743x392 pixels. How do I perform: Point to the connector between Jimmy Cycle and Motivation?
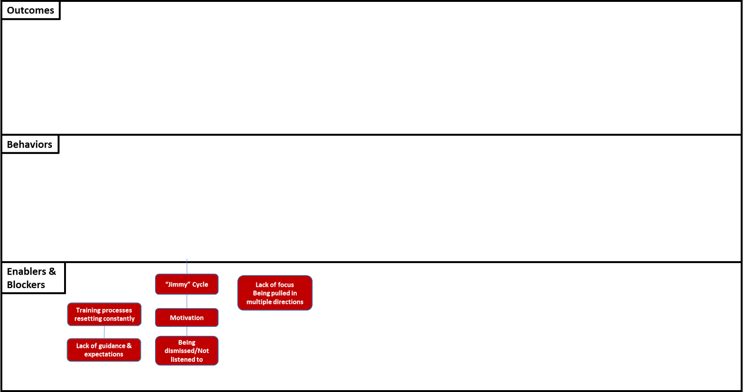(x=187, y=301)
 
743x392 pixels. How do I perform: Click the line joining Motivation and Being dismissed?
(x=187, y=331)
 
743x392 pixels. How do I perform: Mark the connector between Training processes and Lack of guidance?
(x=104, y=332)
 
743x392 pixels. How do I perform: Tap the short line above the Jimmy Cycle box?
(x=187, y=267)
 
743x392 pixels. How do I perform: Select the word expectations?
(x=104, y=354)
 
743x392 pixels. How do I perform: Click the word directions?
(x=288, y=302)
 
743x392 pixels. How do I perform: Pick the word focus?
(x=286, y=285)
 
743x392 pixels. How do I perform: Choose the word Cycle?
(x=200, y=284)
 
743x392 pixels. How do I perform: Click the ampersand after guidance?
(x=129, y=346)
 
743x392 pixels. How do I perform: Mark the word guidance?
(x=112, y=346)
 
